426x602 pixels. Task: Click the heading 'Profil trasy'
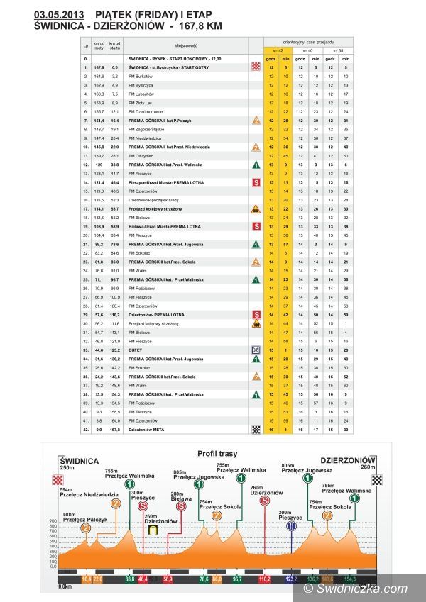coord(218,453)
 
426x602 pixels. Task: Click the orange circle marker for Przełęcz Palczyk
coord(86,528)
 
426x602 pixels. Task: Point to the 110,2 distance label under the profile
coord(265,579)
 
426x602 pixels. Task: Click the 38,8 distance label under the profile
coord(130,579)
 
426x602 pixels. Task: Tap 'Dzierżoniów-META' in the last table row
coord(148,429)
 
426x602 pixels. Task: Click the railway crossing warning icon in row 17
coord(256,209)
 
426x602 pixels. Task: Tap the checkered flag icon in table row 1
coord(256,66)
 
